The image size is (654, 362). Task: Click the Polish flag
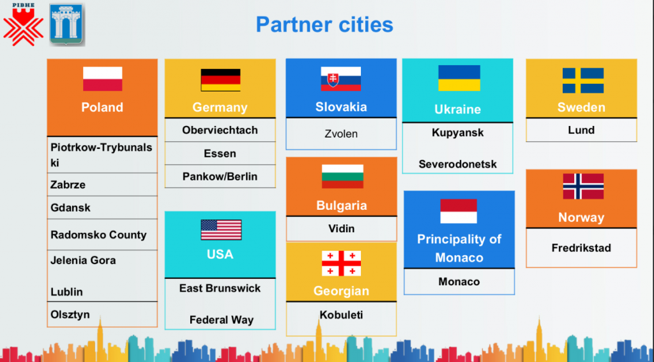pyautogui.click(x=103, y=79)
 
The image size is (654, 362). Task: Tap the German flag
pyautogui.click(x=220, y=80)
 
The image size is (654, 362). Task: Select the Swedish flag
pyautogui.click(x=582, y=81)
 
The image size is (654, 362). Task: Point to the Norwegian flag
pyautogui.click(x=583, y=186)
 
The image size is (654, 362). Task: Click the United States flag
pyautogui.click(x=221, y=230)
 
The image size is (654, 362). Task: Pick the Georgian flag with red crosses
pyautogui.click(x=341, y=264)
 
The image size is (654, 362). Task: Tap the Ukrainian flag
pyautogui.click(x=459, y=78)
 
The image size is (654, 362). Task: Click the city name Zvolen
pyautogui.click(x=341, y=134)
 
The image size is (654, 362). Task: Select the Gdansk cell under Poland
pyautogui.click(x=102, y=207)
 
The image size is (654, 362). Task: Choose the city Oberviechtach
pyautogui.click(x=220, y=130)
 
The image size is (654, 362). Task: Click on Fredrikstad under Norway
pyautogui.click(x=581, y=248)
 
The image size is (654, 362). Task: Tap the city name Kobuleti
pyautogui.click(x=341, y=315)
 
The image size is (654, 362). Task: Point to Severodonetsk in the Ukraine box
pyautogui.click(x=457, y=164)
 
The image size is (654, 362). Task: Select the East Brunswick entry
pyautogui.click(x=220, y=288)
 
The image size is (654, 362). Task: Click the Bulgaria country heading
pyautogui.click(x=342, y=205)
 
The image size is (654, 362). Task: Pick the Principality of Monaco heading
pyautogui.click(x=459, y=248)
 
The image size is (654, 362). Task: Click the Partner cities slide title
pyautogui.click(x=324, y=24)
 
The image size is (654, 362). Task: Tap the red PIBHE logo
pyautogui.click(x=24, y=24)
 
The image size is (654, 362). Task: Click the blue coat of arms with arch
pyautogui.click(x=67, y=24)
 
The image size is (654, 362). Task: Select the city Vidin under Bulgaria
pyautogui.click(x=341, y=229)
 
